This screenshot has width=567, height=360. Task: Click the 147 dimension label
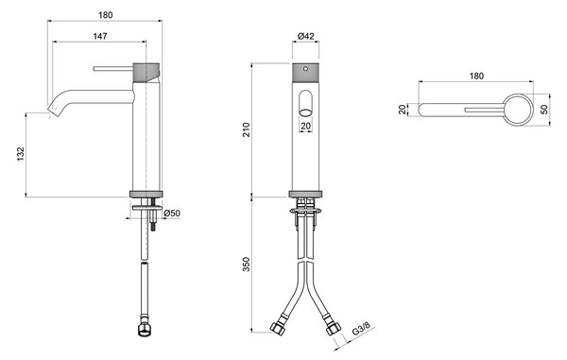coord(100,36)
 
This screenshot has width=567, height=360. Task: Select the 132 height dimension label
coord(21,154)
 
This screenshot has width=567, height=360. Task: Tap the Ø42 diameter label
coord(305,36)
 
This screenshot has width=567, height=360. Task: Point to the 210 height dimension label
coord(246,129)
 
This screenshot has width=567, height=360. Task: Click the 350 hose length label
coord(246,265)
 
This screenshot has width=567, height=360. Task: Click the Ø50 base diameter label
coord(172,214)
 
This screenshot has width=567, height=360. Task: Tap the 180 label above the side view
coord(105,15)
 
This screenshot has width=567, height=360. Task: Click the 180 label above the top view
coord(476,77)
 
